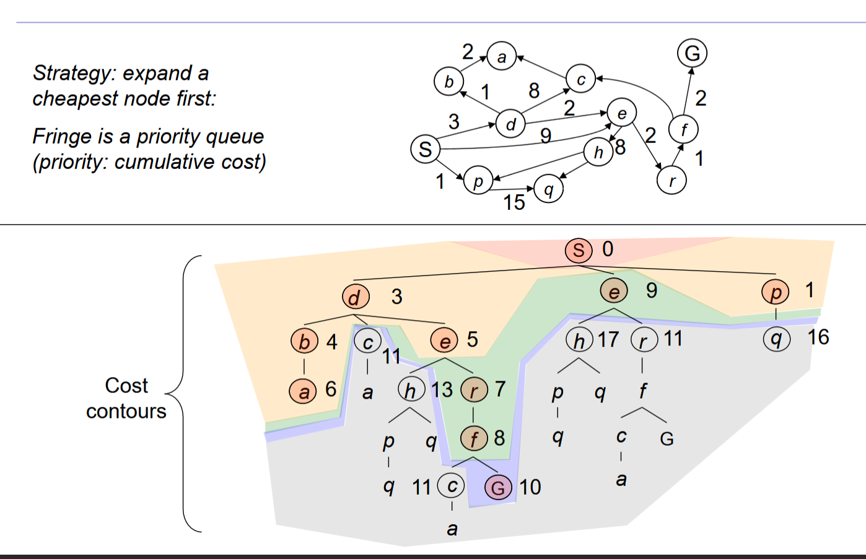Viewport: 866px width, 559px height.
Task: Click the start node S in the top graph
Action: coord(425,149)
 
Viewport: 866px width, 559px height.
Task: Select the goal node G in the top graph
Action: coord(692,53)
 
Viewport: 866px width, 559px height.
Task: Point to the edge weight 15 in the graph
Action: coord(514,202)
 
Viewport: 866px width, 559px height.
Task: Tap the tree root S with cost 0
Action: coord(579,250)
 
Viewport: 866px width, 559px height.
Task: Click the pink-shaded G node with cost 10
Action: coord(498,488)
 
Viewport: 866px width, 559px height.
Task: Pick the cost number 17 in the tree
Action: coord(608,339)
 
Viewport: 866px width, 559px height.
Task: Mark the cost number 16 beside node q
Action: coord(818,337)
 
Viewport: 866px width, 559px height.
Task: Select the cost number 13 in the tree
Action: coord(442,390)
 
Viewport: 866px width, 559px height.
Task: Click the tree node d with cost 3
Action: coord(355,297)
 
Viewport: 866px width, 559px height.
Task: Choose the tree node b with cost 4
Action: coord(304,341)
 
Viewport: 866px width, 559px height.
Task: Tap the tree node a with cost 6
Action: coord(303,391)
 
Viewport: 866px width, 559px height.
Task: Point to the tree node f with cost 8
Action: coord(473,439)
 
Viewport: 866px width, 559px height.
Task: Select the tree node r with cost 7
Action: coord(474,390)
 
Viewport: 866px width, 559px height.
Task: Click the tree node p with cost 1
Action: coord(776,292)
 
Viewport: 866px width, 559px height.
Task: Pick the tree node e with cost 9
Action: coord(614,291)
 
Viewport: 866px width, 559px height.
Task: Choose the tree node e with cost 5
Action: coord(444,340)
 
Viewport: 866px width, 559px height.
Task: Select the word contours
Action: coord(126,412)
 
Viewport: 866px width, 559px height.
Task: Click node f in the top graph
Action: coord(683,130)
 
